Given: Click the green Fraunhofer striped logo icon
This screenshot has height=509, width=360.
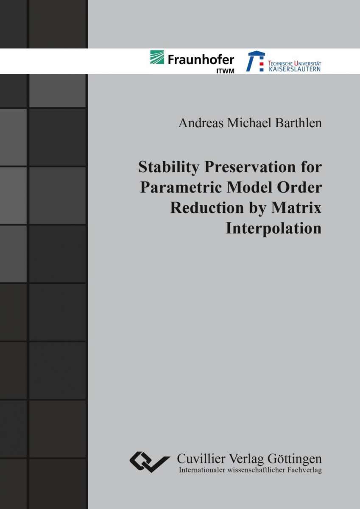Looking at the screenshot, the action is [157, 57].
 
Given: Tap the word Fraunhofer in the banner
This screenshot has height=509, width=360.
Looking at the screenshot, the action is [201, 59].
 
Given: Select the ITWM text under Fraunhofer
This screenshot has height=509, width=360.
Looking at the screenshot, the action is [225, 71].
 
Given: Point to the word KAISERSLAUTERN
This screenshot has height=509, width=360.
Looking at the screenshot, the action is [295, 69].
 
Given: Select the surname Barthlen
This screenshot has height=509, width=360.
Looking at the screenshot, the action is [299, 123].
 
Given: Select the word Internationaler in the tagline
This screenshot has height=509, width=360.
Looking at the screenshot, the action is [202, 470].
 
